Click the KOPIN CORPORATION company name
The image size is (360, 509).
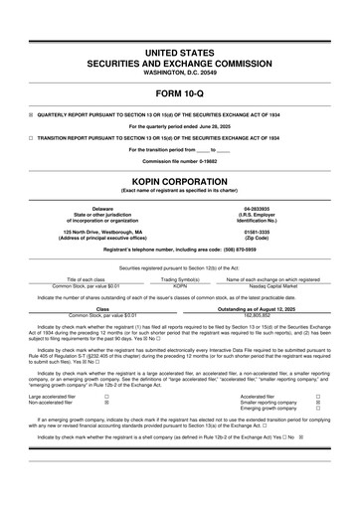179,180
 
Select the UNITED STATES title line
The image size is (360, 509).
179,51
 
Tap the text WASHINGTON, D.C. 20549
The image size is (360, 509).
179,73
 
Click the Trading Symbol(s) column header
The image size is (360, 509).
180,280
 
